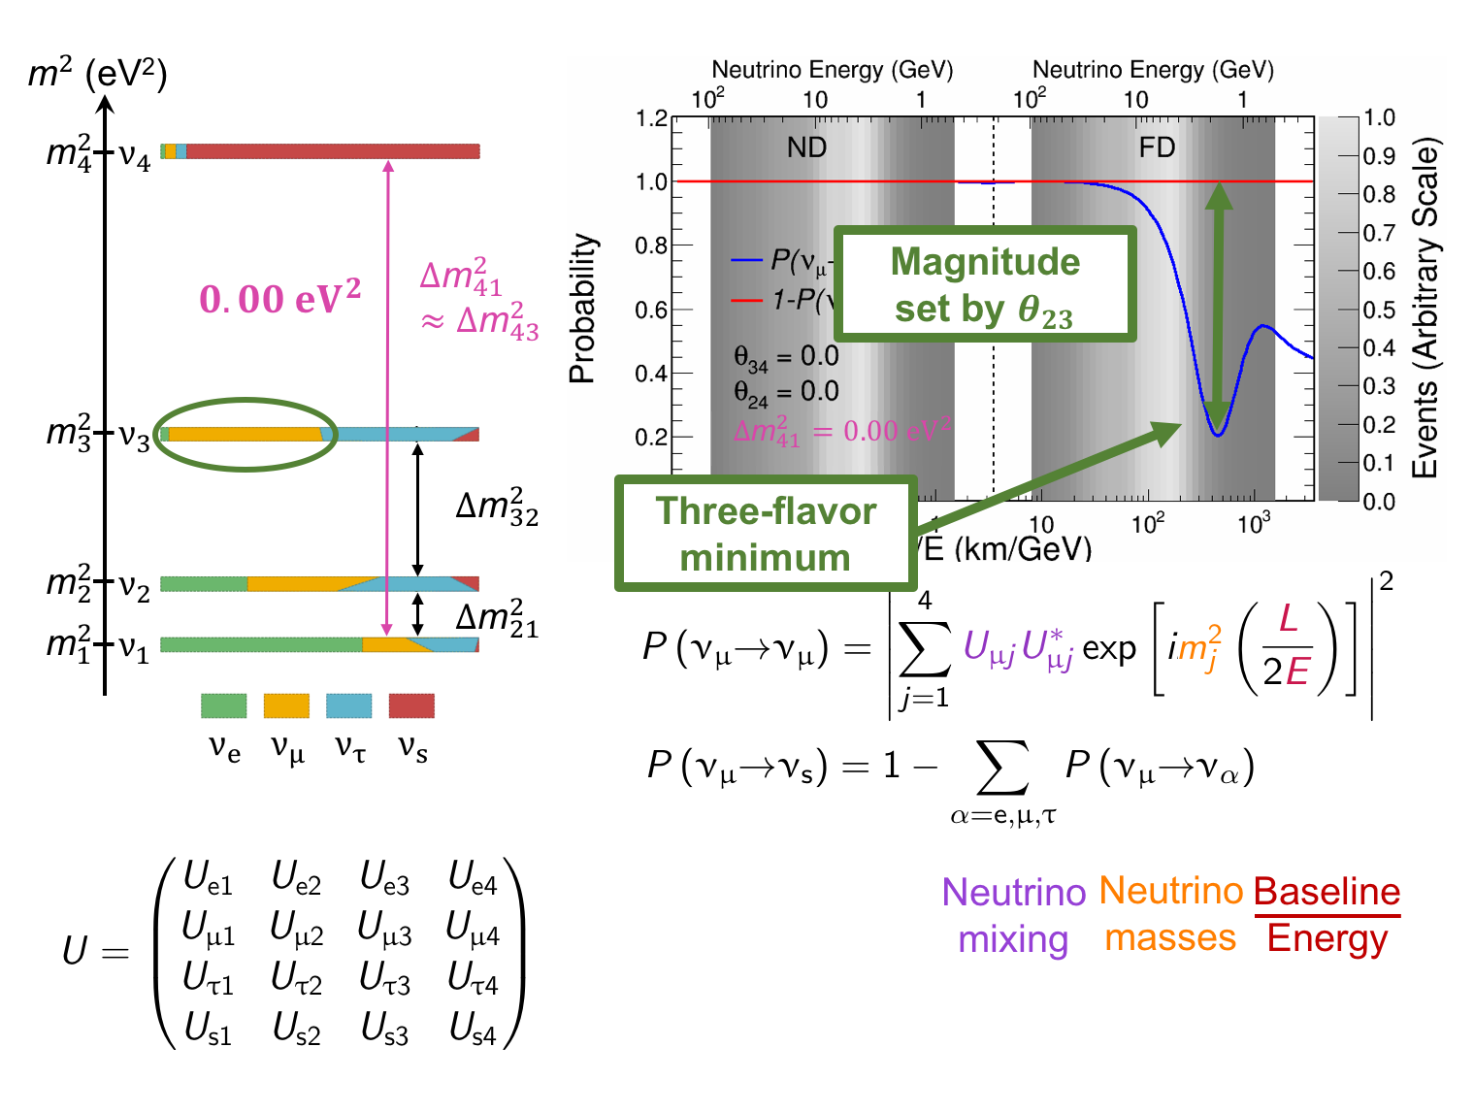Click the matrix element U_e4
click(x=473, y=879)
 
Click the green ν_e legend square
click(x=224, y=705)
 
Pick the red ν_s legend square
click(x=411, y=705)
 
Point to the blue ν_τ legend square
click(x=348, y=705)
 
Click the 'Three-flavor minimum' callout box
click(x=766, y=534)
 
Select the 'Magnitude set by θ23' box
click(x=985, y=284)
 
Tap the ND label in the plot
click(x=806, y=147)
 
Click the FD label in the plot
click(x=1157, y=147)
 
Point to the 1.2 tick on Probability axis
click(x=651, y=118)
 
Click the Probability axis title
click(x=582, y=309)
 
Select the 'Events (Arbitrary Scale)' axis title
click(x=1425, y=309)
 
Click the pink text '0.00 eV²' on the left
click(x=279, y=298)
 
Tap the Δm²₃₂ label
click(x=496, y=507)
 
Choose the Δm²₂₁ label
click(x=496, y=618)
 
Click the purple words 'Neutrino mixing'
click(x=1013, y=915)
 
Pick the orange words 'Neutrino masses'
click(x=1170, y=914)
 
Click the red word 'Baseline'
click(x=1327, y=891)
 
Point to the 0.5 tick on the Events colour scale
click(x=1379, y=310)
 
